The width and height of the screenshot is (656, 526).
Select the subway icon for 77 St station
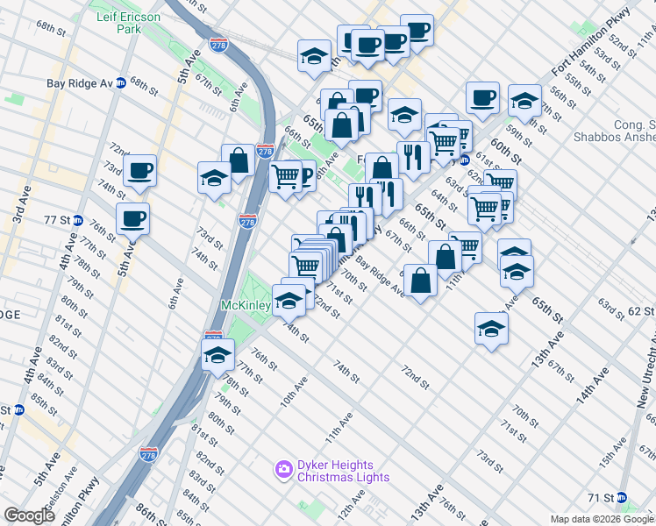pyautogui.click(x=77, y=221)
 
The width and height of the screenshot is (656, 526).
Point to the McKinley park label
pyautogui.click(x=245, y=306)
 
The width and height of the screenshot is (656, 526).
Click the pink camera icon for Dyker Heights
pyautogui.click(x=283, y=470)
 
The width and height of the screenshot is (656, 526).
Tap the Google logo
pyautogui.click(x=29, y=515)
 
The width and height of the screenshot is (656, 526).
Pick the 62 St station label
pyautogui.click(x=638, y=311)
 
